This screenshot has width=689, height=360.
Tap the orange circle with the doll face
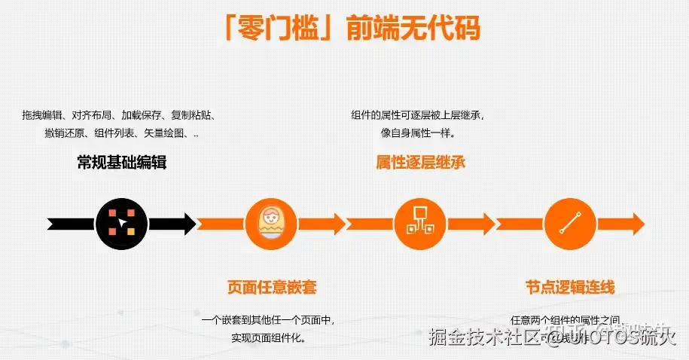(x=270, y=224)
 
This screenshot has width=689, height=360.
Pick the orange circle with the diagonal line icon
(x=569, y=224)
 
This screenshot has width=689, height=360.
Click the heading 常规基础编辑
(x=121, y=162)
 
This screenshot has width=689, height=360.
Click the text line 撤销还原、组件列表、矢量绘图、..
(x=121, y=133)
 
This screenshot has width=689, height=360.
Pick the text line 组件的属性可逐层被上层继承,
(x=417, y=115)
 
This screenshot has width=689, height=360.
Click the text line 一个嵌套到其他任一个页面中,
(x=268, y=320)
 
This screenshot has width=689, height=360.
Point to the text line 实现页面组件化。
(x=269, y=338)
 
